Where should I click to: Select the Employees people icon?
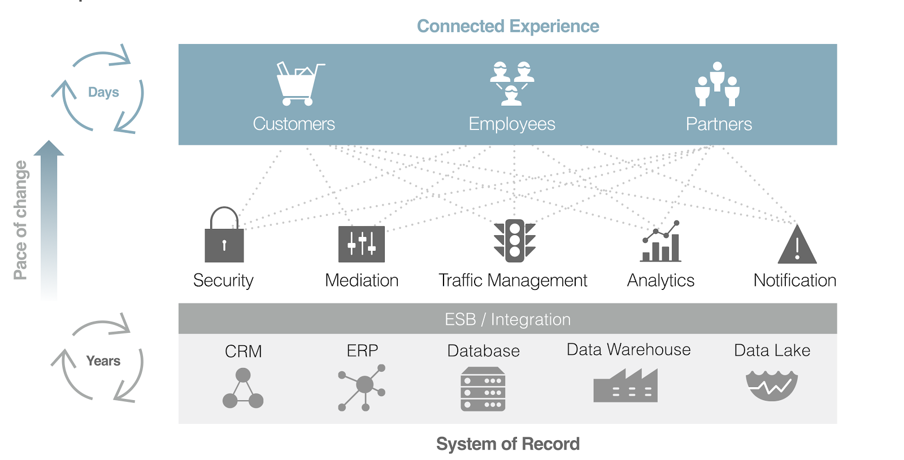click(x=512, y=84)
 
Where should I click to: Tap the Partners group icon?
click(x=717, y=84)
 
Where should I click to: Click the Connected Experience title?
click(x=508, y=26)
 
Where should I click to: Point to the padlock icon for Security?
click(x=224, y=236)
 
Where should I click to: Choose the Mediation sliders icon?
click(x=362, y=244)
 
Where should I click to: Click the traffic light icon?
click(x=514, y=241)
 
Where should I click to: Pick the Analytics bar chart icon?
click(x=660, y=243)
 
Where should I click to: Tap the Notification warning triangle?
click(x=797, y=245)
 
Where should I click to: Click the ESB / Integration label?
click(x=507, y=319)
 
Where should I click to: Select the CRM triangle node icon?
click(x=243, y=388)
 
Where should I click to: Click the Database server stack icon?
click(x=483, y=389)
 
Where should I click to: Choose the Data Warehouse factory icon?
click(x=625, y=386)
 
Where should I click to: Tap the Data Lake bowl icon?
click(x=771, y=385)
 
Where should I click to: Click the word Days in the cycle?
click(x=103, y=92)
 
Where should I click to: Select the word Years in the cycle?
click(x=103, y=361)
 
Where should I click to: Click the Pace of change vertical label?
click(x=20, y=220)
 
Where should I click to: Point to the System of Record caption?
click(x=507, y=444)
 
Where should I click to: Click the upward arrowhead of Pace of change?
click(x=49, y=148)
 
